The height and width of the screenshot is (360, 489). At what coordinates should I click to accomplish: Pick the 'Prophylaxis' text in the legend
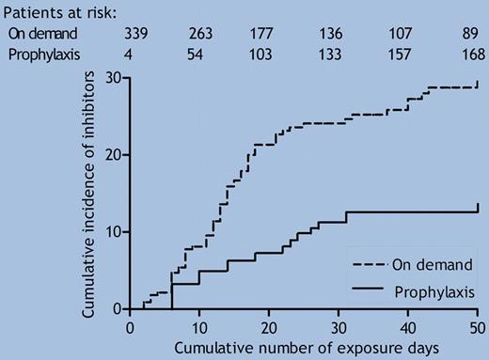click(x=435, y=292)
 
